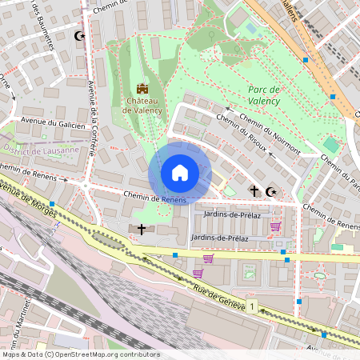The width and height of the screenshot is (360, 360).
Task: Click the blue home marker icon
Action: click(x=180, y=173)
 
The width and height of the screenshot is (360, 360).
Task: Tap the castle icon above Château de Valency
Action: click(x=142, y=88)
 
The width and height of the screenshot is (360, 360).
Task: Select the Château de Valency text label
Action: click(x=143, y=106)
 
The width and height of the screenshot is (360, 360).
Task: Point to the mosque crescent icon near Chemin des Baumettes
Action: click(x=78, y=36)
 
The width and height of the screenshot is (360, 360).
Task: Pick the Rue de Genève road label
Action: click(x=218, y=295)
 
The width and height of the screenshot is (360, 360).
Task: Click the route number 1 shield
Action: click(x=252, y=306)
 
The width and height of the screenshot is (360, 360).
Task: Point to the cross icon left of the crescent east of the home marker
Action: click(x=254, y=191)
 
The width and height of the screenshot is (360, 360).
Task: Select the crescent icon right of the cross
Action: click(x=270, y=191)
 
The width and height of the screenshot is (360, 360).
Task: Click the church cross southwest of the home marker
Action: click(x=142, y=230)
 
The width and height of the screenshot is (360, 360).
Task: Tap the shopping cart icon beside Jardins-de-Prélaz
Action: click(x=274, y=226)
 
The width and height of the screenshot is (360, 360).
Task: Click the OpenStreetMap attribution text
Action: click(x=80, y=354)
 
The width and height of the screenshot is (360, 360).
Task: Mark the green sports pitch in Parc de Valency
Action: click(x=330, y=145)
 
